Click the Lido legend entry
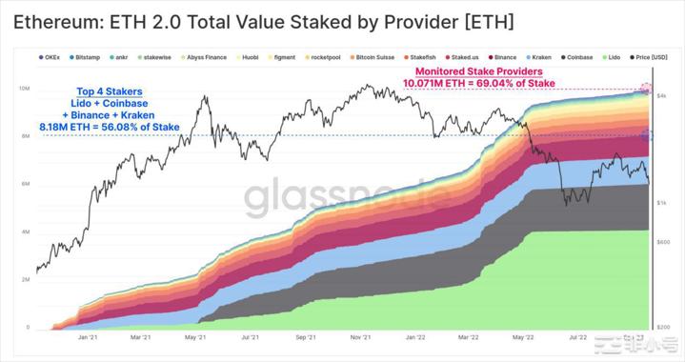(x=614, y=57)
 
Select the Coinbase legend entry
(x=582, y=57)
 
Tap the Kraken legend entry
(x=538, y=57)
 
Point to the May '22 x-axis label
(x=523, y=336)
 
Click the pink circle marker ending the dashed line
(x=647, y=90)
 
